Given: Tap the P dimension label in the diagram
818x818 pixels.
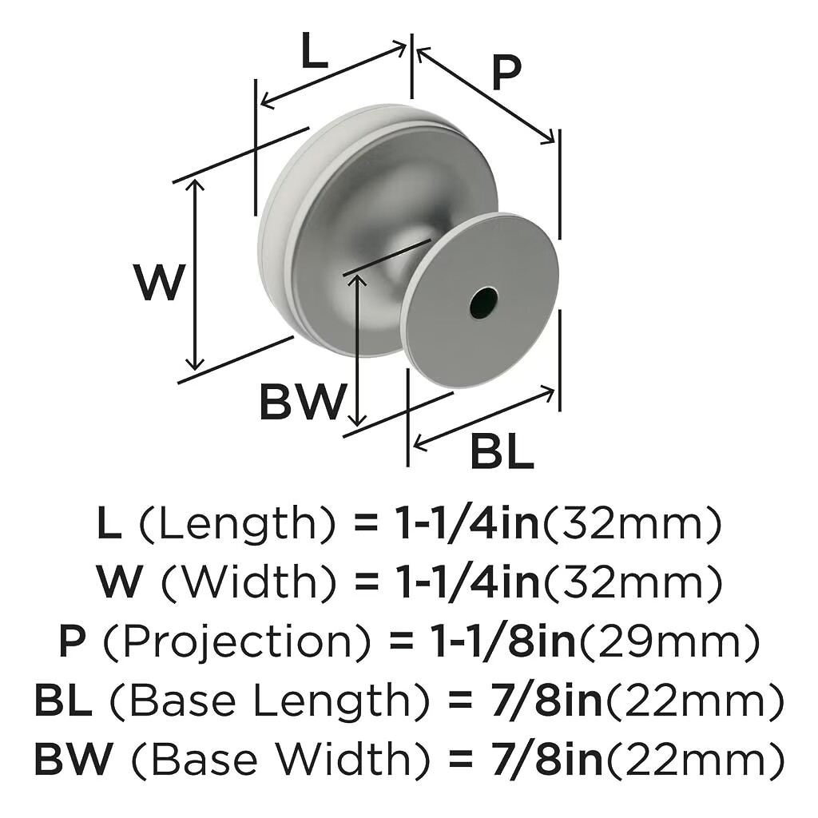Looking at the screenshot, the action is tap(506, 73).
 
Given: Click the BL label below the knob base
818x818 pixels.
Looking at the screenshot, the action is tap(502, 451).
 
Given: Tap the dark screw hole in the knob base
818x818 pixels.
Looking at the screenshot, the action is tap(483, 301).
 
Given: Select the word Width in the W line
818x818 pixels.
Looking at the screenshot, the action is tap(249, 582).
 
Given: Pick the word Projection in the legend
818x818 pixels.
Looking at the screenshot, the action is tap(238, 642).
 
